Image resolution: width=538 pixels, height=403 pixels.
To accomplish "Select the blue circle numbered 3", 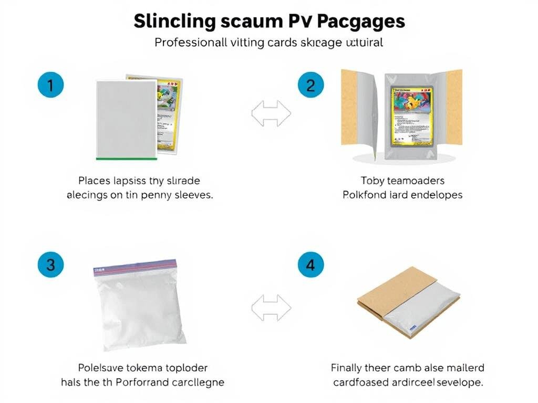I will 50,265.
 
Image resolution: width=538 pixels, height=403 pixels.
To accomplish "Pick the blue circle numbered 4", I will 310,265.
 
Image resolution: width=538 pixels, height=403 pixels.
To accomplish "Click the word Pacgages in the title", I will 361,22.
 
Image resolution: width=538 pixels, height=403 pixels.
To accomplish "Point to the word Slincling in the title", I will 174,22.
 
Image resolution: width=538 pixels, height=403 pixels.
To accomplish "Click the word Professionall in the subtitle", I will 191,43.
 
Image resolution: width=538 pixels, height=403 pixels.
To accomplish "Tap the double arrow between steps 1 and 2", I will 271,113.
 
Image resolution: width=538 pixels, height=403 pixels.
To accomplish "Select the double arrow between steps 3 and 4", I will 271,307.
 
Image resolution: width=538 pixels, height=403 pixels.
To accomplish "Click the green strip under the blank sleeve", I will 127,157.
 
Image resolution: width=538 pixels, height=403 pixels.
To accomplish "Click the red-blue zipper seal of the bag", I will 135,267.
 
